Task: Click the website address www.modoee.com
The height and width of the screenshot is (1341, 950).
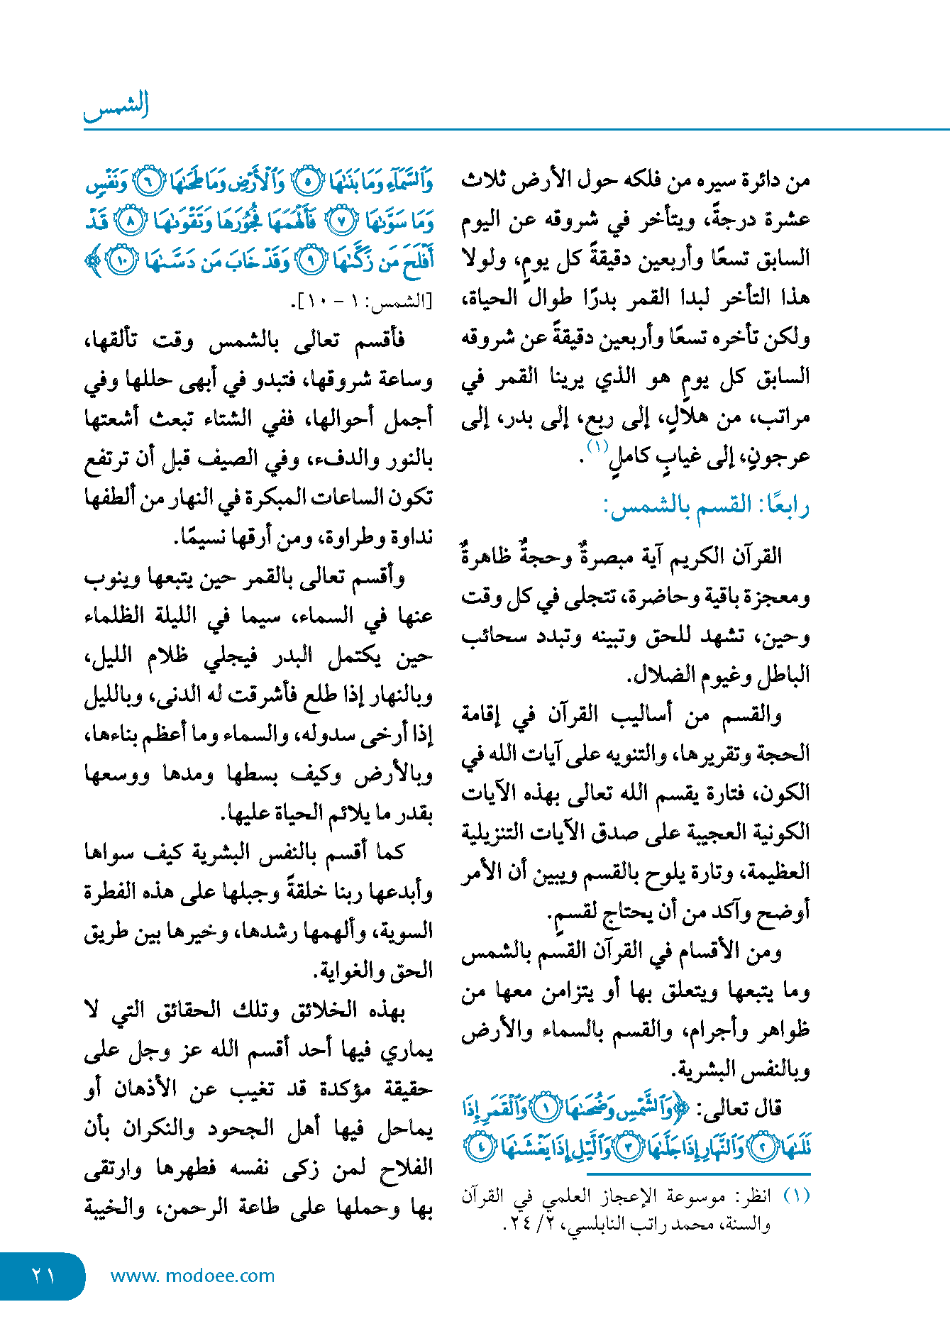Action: [192, 1276]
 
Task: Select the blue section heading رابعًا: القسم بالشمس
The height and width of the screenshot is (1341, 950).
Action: [706, 506]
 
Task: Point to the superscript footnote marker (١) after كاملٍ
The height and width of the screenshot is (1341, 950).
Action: [597, 447]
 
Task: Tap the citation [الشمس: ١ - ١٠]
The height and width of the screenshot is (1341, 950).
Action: [362, 302]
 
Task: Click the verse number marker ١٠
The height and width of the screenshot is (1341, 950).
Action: [121, 261]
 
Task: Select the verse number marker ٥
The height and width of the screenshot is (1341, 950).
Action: [306, 183]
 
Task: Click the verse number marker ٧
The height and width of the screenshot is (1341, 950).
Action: [340, 222]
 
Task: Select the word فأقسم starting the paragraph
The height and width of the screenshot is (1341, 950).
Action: [380, 341]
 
